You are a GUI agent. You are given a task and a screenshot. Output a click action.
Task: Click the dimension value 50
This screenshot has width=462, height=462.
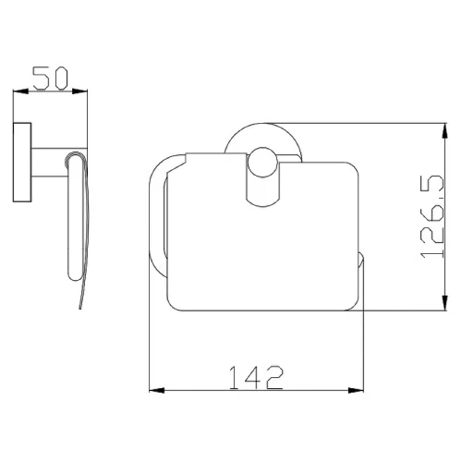(x=50, y=79)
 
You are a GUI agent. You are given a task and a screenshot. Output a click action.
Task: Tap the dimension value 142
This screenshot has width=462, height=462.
(x=256, y=378)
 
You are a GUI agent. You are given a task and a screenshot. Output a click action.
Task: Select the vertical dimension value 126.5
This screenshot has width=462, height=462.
(x=432, y=216)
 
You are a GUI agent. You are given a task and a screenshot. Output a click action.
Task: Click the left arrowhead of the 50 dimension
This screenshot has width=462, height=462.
(x=20, y=91)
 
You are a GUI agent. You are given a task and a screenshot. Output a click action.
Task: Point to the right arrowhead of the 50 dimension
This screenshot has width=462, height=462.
(x=79, y=91)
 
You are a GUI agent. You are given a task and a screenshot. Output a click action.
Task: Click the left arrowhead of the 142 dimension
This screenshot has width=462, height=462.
(x=157, y=391)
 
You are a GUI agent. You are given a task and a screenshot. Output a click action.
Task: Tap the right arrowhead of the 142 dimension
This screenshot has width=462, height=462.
(x=356, y=391)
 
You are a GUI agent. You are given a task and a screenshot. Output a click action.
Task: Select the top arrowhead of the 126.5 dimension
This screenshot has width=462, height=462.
(x=444, y=130)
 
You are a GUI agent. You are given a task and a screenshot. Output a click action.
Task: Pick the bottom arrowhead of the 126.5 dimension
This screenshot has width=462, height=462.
(x=444, y=303)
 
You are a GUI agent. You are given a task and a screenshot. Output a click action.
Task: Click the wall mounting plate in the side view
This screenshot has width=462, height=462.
(x=22, y=163)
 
